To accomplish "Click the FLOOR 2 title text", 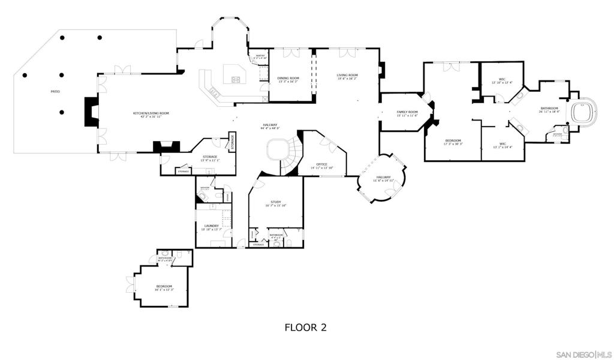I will (x=305, y=328).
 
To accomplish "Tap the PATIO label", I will (x=55, y=91).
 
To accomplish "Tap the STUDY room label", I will (x=276, y=203).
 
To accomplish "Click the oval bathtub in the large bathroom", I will (x=582, y=112).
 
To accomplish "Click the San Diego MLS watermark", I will (x=583, y=353).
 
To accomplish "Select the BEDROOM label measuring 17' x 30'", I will (x=453, y=142).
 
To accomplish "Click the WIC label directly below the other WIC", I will (x=503, y=145).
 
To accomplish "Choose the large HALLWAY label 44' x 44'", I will (x=270, y=127).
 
